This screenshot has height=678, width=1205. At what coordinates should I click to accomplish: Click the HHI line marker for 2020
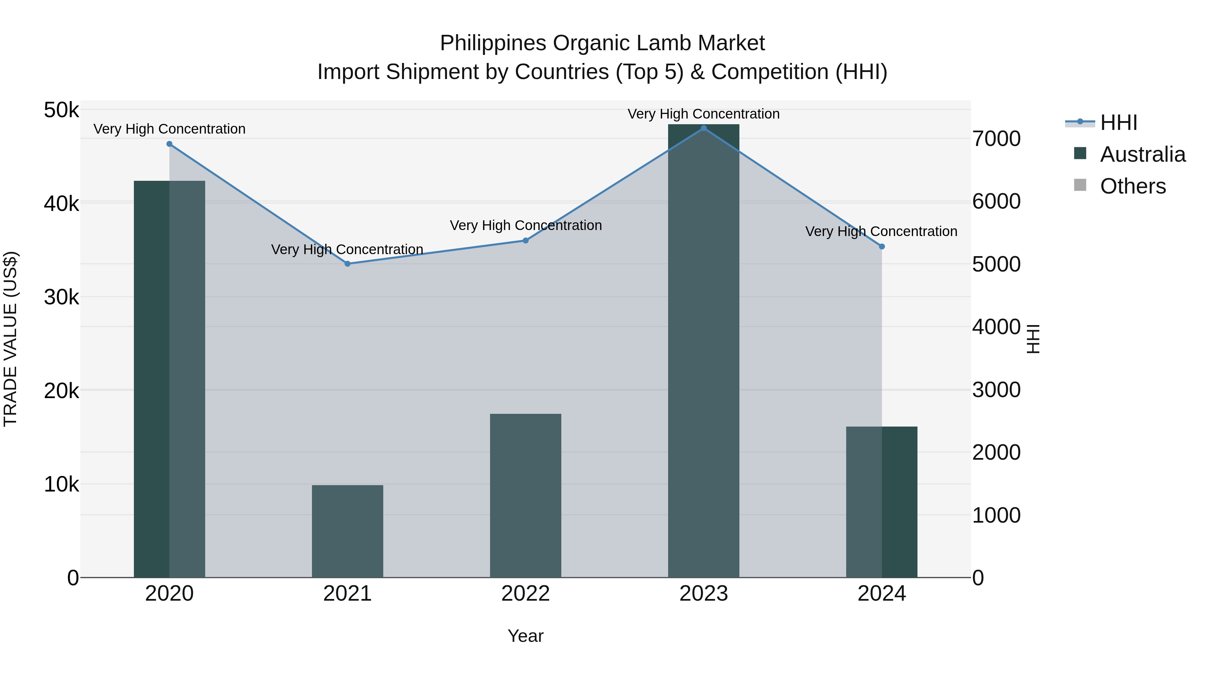169,144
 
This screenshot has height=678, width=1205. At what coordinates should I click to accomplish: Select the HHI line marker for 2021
347,264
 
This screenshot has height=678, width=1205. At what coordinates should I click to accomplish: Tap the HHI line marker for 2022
525,240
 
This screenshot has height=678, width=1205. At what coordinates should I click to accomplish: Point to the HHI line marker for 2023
704,128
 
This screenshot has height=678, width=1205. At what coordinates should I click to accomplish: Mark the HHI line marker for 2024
882,246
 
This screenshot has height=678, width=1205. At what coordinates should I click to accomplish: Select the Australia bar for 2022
525,496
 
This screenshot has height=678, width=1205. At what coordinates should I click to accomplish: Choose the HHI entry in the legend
1118,123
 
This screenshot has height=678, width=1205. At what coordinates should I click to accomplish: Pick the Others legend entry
1132,186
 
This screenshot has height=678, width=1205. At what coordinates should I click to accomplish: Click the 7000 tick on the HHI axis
996,139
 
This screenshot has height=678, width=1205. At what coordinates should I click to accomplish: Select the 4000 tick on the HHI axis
996,327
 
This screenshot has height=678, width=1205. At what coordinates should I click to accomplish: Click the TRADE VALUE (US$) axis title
10,339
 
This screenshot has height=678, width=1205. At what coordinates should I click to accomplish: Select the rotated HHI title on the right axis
1033,339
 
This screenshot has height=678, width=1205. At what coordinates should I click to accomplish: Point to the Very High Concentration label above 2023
704,114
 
